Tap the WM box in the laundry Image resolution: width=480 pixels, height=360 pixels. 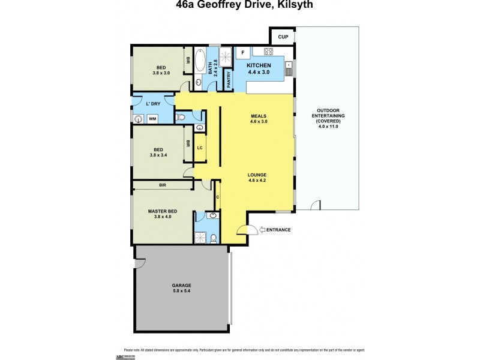tap(152, 119)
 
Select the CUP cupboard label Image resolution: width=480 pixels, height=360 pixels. tap(283, 37)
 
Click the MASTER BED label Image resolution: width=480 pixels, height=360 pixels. tap(160, 211)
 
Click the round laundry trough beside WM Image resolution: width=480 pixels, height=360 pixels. tap(139, 119)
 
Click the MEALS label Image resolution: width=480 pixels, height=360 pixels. tap(259, 116)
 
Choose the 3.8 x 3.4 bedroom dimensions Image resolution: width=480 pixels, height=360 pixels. tap(158, 155)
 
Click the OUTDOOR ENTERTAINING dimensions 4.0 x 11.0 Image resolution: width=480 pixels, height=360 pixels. tap(328, 127)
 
